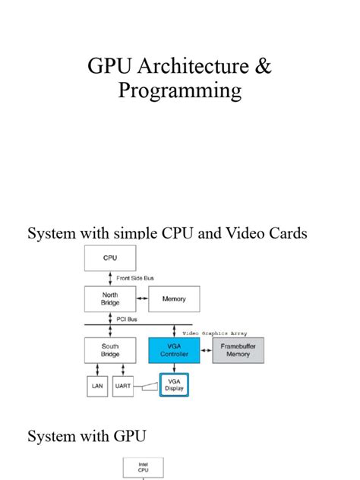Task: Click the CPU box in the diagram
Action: click(x=110, y=258)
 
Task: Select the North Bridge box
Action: click(x=110, y=299)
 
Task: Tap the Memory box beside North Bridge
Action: click(x=174, y=299)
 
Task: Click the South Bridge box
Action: click(x=110, y=350)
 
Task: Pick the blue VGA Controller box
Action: click(x=174, y=350)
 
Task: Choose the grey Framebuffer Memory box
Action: click(x=238, y=350)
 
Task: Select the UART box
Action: click(x=124, y=387)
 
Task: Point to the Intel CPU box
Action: click(x=144, y=467)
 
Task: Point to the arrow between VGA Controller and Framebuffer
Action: click(x=206, y=350)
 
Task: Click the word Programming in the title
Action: click(x=180, y=92)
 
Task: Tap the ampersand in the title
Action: click(x=263, y=66)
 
